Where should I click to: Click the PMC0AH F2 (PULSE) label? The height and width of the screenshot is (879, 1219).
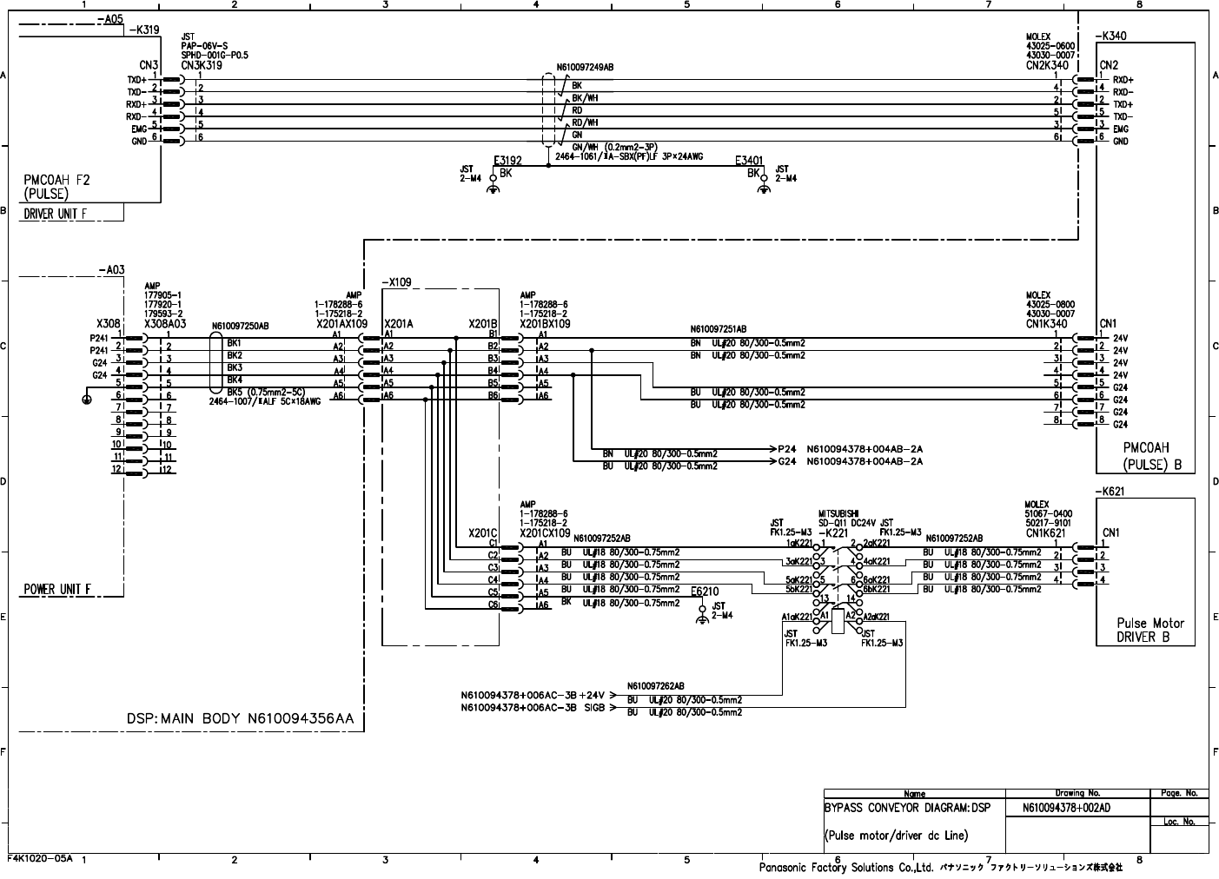[x=56, y=187]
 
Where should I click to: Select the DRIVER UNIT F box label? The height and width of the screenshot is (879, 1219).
[x=60, y=214]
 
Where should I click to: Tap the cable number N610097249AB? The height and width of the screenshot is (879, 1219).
[x=585, y=67]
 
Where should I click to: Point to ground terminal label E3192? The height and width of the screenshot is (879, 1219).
[x=507, y=161]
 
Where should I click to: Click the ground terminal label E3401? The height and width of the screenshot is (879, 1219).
[x=749, y=161]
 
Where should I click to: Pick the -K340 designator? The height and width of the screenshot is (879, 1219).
[x=1111, y=36]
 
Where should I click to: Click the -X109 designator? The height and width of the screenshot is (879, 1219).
[x=396, y=282]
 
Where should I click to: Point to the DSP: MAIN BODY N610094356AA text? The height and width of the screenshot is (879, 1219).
[x=240, y=719]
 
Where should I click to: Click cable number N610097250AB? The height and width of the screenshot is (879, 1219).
[x=241, y=327]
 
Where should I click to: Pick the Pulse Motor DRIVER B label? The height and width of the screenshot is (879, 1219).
[x=1150, y=630]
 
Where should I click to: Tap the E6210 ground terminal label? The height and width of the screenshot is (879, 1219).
[x=705, y=592]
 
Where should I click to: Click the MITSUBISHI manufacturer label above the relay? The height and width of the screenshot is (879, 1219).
[x=838, y=513]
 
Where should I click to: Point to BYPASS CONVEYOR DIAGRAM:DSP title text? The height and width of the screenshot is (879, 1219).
[x=895, y=808]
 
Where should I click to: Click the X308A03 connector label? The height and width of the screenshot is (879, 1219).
[x=167, y=322]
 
